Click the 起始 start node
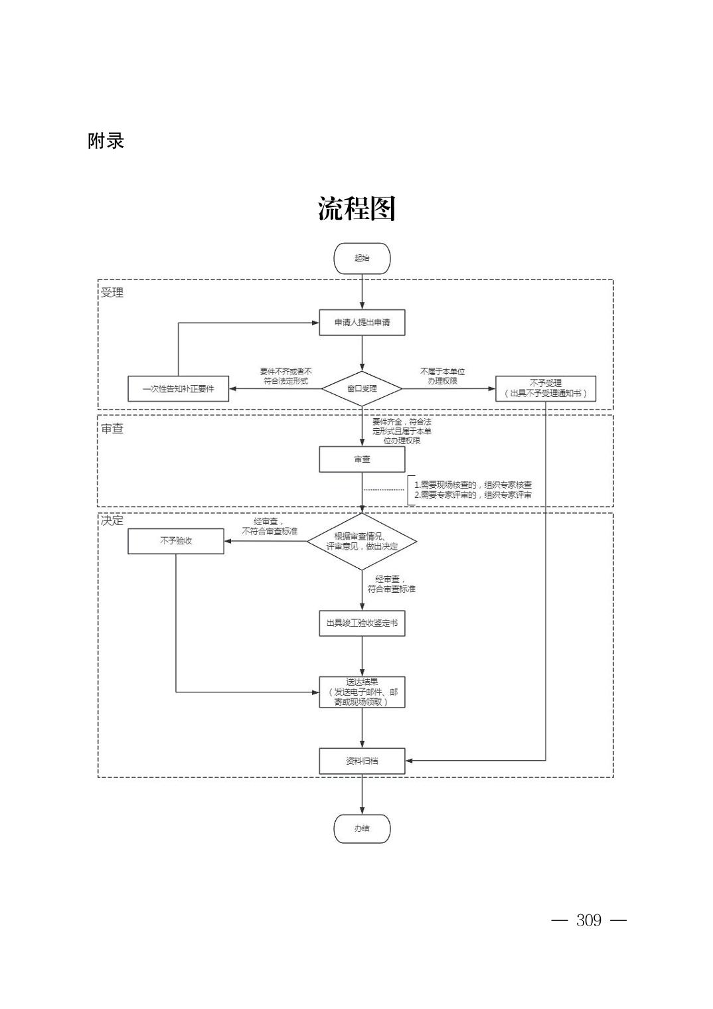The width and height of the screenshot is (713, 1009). point(362,258)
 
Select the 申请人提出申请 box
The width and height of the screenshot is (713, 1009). point(362,323)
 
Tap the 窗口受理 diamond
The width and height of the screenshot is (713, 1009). point(362,388)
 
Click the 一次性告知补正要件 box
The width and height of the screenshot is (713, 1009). point(178,388)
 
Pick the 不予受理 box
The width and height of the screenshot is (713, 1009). point(545,388)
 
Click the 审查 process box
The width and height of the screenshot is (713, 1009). point(362,459)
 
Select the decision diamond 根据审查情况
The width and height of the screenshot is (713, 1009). point(362,542)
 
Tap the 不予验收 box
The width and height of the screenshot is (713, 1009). point(176,541)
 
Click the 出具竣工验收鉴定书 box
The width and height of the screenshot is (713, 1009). point(362,623)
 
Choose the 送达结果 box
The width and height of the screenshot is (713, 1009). point(362,692)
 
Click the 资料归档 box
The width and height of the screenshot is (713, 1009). point(362,761)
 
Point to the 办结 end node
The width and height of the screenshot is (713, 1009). point(362,828)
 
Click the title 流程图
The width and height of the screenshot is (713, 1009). point(356,208)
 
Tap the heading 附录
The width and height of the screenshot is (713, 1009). point(106,141)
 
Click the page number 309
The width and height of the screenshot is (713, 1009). point(589,920)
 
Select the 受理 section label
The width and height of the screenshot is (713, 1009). point(112,293)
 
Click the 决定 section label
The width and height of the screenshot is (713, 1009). point(112,520)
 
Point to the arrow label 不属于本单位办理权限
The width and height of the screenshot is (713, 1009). point(442,376)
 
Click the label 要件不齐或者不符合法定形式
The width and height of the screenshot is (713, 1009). point(285,376)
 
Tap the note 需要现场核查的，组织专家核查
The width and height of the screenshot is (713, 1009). point(473,485)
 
